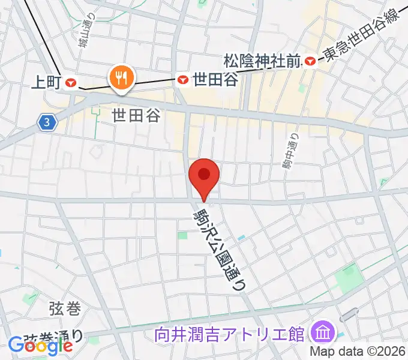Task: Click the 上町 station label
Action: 46,83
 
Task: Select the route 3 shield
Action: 47,123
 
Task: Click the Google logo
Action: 40,346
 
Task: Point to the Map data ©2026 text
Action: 358,351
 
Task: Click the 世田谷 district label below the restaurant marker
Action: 137,116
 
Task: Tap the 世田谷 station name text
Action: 215,79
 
